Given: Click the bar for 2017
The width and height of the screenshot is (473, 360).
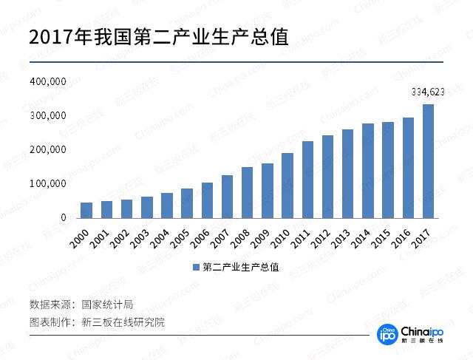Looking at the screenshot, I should (428, 161).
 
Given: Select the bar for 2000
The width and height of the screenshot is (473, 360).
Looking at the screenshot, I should (86, 210).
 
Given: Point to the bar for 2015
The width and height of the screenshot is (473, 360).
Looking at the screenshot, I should (388, 170).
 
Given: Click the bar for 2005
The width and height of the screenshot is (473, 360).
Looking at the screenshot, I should (187, 203).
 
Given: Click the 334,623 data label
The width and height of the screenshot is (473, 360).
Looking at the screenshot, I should (428, 92).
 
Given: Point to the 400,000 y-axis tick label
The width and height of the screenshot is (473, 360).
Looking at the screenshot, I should (48, 81).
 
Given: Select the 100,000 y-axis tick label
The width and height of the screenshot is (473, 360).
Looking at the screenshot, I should (48, 183).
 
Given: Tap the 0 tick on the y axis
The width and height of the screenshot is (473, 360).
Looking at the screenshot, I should (64, 218).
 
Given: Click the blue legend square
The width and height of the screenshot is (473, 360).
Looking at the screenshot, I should (196, 267).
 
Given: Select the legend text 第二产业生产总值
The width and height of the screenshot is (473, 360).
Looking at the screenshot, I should (241, 267).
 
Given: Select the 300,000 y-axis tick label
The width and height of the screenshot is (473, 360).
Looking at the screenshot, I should (48, 116).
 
